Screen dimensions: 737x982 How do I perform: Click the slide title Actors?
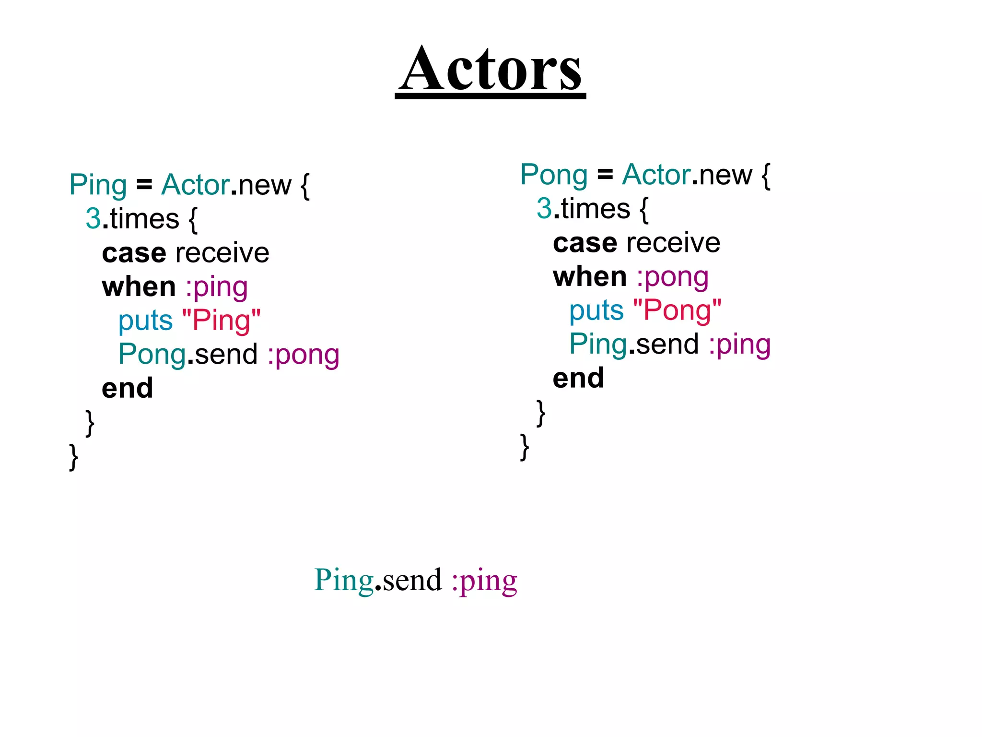490,70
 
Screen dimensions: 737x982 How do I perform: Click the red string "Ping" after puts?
222,321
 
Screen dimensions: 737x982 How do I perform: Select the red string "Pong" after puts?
677,310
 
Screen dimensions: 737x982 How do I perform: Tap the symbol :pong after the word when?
672,277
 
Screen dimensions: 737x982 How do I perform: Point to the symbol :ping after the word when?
217,287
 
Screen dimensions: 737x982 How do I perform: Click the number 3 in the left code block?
93,219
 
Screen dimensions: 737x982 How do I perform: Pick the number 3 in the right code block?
544,209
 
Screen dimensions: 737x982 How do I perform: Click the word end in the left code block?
127,388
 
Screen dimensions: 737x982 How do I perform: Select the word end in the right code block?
578,378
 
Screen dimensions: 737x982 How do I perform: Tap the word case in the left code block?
134,253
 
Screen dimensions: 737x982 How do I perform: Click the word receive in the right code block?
673,243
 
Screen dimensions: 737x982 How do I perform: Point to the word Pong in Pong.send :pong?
152,355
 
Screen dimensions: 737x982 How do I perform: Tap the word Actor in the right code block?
656,175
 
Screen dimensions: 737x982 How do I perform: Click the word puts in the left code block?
145,321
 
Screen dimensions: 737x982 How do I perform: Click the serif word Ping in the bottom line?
344,581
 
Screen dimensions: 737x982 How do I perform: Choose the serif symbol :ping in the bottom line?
484,581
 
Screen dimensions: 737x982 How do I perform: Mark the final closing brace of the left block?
73,457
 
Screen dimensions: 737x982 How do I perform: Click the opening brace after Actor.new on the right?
766,176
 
